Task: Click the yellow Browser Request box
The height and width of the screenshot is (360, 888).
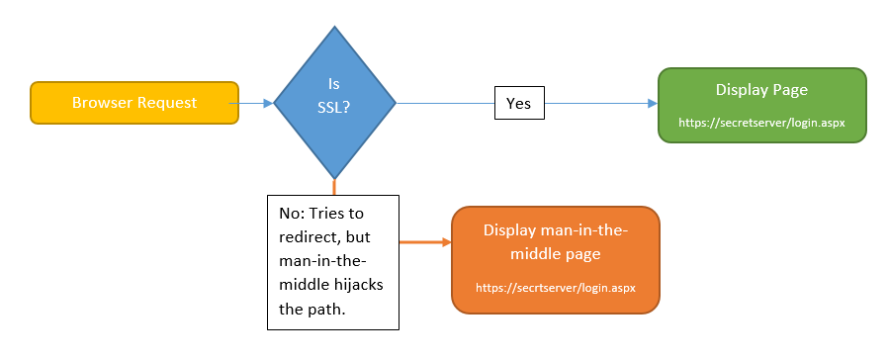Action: pos(133,103)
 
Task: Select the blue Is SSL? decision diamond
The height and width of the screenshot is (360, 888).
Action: pos(334,102)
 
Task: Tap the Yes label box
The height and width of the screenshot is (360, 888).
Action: pos(519,103)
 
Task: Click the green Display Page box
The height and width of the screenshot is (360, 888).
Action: pos(761,105)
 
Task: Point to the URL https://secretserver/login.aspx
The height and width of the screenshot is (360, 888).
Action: pos(761,124)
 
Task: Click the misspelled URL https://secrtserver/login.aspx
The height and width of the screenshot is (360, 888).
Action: pos(555,288)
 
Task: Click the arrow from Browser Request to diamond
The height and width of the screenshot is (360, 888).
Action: pos(255,103)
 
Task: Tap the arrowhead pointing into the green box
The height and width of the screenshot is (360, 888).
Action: pos(652,103)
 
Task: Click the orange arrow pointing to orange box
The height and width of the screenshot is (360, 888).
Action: pos(425,240)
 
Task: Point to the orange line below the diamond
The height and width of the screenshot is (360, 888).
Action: pos(334,186)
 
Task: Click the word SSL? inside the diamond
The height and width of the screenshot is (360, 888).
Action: pos(334,110)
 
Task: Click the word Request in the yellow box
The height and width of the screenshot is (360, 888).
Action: pos(167,103)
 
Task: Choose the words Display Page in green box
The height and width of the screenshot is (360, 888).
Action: pos(761,90)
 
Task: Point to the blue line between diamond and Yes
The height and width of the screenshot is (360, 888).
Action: pos(445,103)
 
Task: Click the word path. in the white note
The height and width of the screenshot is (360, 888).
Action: pos(327,309)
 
